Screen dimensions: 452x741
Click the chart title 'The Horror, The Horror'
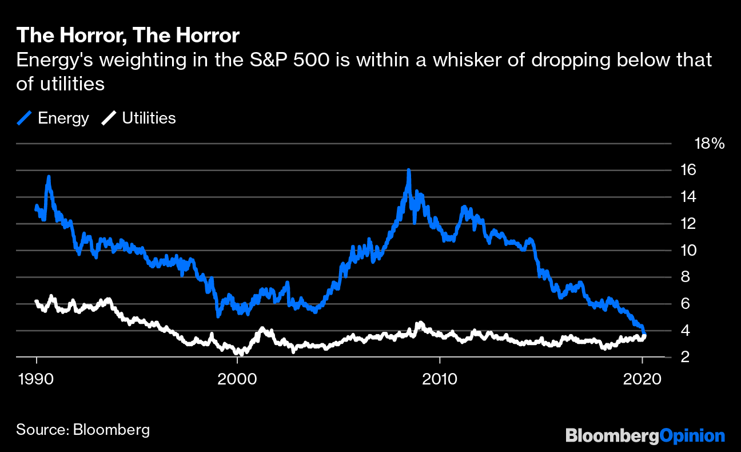[128, 35]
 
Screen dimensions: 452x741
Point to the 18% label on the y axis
[709, 144]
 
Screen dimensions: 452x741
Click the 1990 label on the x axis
[37, 379]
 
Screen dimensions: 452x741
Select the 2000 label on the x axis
[238, 379]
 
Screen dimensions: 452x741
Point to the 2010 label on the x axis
[439, 379]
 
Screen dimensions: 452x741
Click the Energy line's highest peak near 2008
[409, 171]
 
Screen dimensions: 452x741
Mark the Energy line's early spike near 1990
[49, 177]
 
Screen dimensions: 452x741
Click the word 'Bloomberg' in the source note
[111, 430]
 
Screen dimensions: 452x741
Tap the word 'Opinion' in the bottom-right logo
[692, 436]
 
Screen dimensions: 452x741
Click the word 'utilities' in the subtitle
[70, 84]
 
